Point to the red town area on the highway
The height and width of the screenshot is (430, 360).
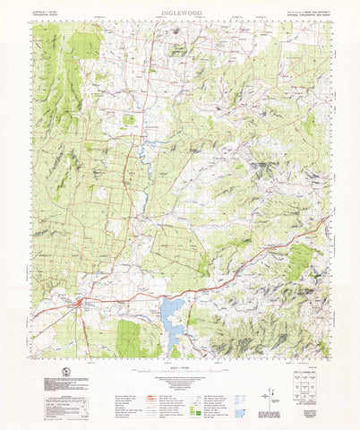81,305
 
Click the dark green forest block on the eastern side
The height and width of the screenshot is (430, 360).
303,260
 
